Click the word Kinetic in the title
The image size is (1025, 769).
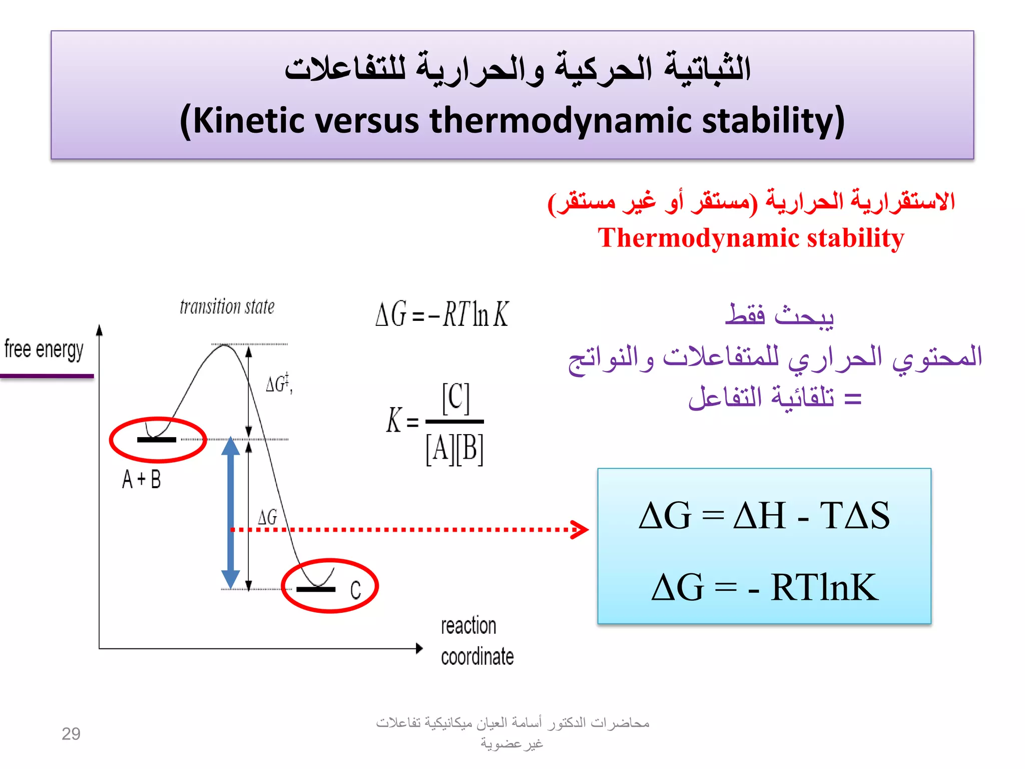click(248, 121)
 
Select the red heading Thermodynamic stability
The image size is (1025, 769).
click(751, 238)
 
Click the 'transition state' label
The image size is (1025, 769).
click(227, 306)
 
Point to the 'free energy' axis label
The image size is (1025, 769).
click(44, 349)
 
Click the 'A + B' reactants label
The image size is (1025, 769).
click(142, 480)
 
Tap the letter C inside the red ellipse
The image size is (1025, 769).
click(355, 590)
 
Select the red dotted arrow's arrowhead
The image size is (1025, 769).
click(581, 529)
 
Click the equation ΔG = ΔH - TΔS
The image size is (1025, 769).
click(764, 516)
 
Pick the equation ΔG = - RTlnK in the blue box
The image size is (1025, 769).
click(764, 587)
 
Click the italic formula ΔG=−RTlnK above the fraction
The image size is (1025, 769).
click(442, 315)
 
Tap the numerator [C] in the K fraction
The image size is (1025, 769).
click(455, 398)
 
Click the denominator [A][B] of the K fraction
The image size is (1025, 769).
click(454, 449)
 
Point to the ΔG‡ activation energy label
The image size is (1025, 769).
click(278, 383)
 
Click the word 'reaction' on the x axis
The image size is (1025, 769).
click(468, 626)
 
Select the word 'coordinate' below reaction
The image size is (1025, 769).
click(477, 656)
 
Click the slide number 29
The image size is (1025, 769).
click(71, 734)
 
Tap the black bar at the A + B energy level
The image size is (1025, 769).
click(157, 440)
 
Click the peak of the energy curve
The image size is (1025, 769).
click(224, 345)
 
